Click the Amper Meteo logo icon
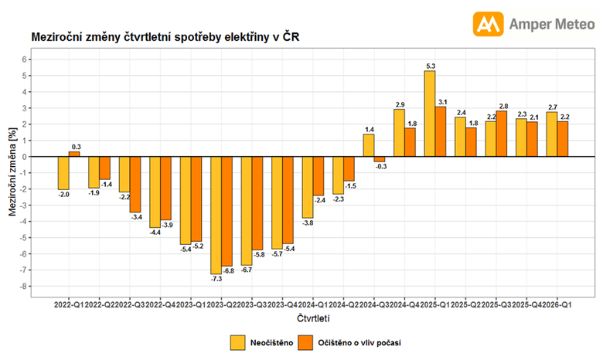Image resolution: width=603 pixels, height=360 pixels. coord(488,24)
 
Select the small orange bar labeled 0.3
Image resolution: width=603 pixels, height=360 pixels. coord(74,154)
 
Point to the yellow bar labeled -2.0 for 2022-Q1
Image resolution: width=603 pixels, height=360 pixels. coord(63,172)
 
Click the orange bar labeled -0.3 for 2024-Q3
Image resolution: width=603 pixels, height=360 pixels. coord(379,158)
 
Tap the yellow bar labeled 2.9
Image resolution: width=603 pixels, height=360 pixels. coord(400,133)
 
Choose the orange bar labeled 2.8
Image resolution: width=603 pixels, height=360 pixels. coord(502,134)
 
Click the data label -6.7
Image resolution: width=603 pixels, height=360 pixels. coord(246,270)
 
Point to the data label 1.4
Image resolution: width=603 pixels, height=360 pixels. coord(369,130)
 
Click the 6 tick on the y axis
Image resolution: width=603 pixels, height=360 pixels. coord(26,59)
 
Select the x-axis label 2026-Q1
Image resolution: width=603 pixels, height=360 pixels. coord(557,304)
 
